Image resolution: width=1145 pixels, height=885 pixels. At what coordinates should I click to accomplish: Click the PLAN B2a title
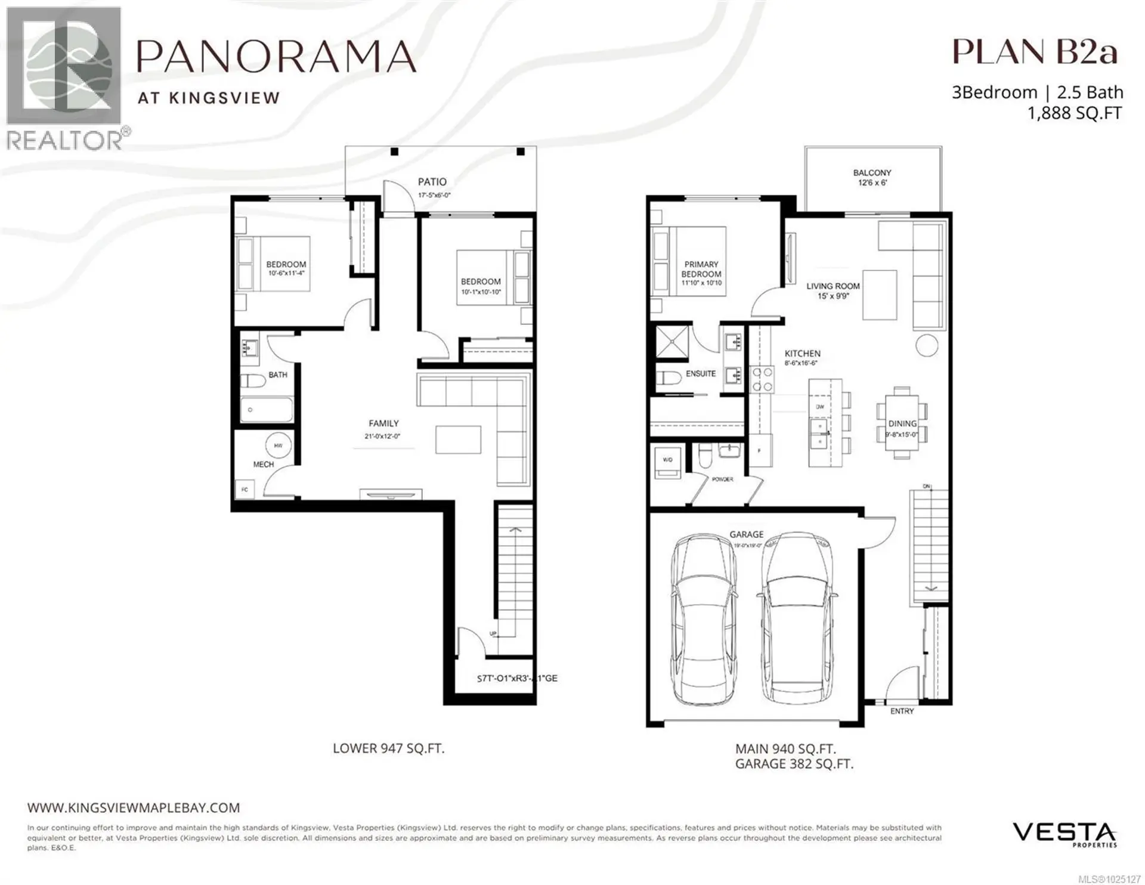point(1034,52)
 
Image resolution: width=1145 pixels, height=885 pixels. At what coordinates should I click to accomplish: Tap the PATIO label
point(432,182)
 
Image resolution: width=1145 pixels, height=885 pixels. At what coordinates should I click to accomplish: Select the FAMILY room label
point(383,423)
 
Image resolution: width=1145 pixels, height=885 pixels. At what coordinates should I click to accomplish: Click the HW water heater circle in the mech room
point(278,445)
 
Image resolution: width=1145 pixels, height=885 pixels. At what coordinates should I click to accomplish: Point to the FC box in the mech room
point(245,490)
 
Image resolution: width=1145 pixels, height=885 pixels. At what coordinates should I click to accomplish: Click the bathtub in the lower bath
point(267,410)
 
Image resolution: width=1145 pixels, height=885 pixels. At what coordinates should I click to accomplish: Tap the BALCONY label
point(872,173)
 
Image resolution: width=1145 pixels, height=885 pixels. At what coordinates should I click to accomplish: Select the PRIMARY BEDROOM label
point(701,269)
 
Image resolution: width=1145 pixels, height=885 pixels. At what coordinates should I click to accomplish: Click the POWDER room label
point(722,479)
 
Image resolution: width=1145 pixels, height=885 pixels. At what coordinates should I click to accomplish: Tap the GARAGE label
point(746,534)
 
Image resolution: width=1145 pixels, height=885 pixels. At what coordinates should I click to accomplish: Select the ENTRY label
point(902,711)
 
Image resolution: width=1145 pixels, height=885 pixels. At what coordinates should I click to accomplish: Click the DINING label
point(902,423)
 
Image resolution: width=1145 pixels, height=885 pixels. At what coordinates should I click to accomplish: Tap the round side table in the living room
point(927,346)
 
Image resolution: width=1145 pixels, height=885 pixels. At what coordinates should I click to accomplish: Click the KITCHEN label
point(802,354)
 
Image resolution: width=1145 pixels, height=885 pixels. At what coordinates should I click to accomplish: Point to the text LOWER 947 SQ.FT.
point(388,748)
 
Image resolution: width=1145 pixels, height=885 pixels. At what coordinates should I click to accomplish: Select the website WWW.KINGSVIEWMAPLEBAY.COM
point(134,808)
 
